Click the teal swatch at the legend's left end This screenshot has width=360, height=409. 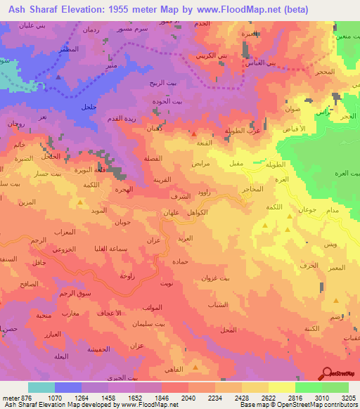click(41, 387)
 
